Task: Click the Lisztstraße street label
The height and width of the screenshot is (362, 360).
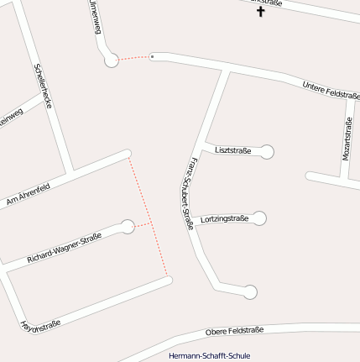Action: pos(233,150)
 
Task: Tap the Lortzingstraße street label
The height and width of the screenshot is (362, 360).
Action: pos(224,219)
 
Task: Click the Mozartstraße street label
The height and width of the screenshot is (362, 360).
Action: pos(347,139)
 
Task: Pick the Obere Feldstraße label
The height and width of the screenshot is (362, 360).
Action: pos(234,331)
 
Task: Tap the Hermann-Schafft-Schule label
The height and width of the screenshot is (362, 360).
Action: pos(209,355)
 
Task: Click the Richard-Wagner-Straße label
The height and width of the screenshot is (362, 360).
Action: pos(64,247)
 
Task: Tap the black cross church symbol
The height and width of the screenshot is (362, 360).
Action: pos(260,12)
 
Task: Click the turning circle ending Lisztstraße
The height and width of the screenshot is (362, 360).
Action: pos(267,152)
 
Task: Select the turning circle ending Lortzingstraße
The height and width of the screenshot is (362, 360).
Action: pos(259,218)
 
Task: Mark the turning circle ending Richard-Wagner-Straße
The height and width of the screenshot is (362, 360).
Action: pos(128,226)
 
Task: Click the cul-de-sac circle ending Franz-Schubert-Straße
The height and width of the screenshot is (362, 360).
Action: pos(249,292)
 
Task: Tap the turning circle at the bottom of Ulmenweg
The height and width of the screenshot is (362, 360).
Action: pos(111,60)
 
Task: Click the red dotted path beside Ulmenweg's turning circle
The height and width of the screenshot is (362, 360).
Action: pos(132,58)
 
